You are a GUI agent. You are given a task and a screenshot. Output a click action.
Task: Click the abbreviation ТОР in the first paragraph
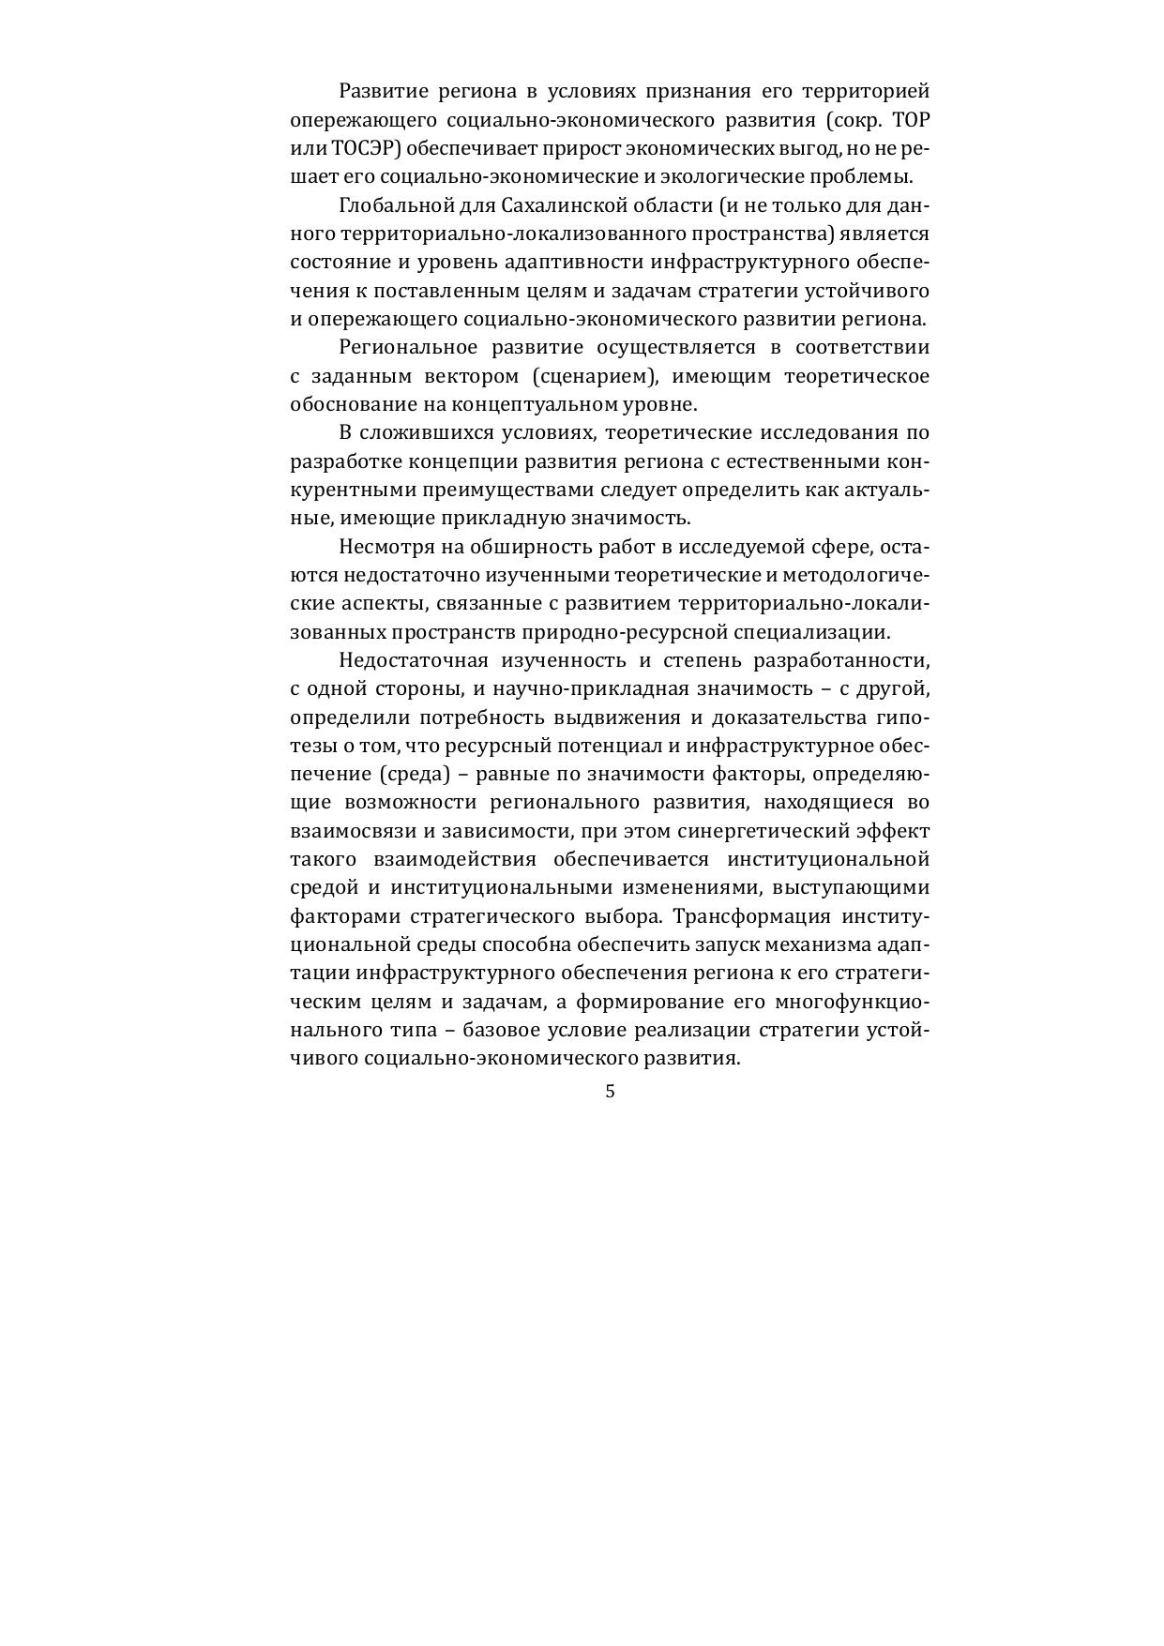click(x=911, y=120)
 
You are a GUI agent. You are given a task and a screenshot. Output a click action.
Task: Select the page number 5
click(x=611, y=1091)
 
